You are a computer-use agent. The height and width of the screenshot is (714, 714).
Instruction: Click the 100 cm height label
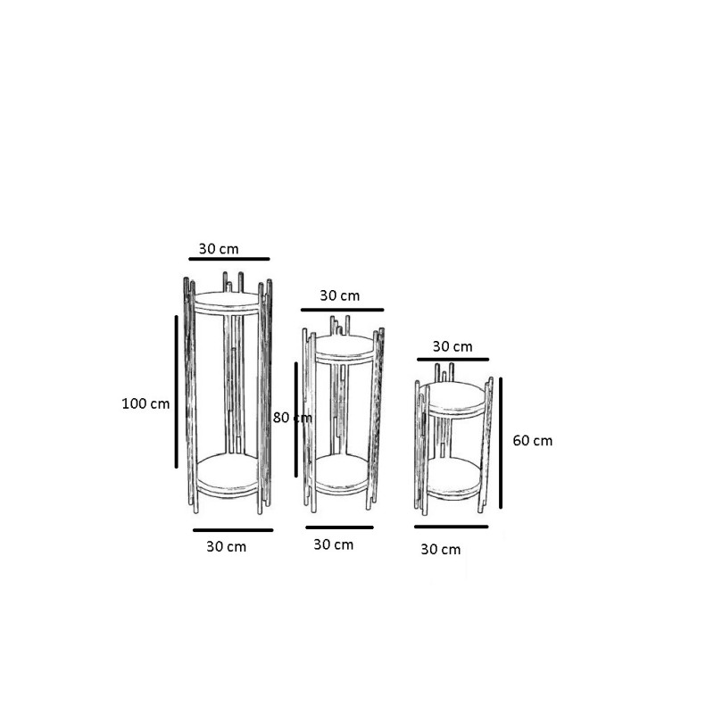pyautogui.click(x=145, y=403)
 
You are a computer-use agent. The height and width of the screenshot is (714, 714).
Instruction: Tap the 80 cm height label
pyautogui.click(x=293, y=418)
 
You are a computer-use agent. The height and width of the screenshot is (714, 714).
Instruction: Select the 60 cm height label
pyautogui.click(x=532, y=440)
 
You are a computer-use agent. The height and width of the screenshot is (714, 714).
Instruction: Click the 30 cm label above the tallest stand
pyautogui.click(x=219, y=249)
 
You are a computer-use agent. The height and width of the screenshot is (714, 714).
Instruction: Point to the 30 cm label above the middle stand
pyautogui.click(x=340, y=295)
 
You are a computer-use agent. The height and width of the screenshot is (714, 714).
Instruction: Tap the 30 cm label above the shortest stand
pyautogui.click(x=452, y=346)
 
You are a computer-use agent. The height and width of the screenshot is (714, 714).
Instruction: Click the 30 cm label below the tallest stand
pyautogui.click(x=227, y=546)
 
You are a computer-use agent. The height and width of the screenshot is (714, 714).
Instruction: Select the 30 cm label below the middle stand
pyautogui.click(x=333, y=544)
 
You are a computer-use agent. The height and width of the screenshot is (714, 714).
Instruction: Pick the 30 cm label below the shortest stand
pyautogui.click(x=441, y=550)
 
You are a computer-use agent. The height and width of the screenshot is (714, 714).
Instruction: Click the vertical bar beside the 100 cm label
pyautogui.click(x=176, y=392)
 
